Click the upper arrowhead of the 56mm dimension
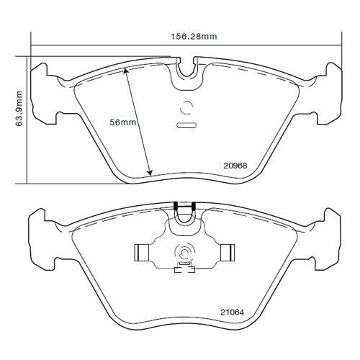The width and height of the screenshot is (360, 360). pos(126,70)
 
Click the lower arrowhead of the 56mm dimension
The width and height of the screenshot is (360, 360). pos(150,173)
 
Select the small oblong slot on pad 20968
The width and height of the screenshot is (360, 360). pos(187,127)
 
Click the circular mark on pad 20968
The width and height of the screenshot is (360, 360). pos(186,109)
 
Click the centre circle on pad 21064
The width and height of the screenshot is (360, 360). pos(184,253)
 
